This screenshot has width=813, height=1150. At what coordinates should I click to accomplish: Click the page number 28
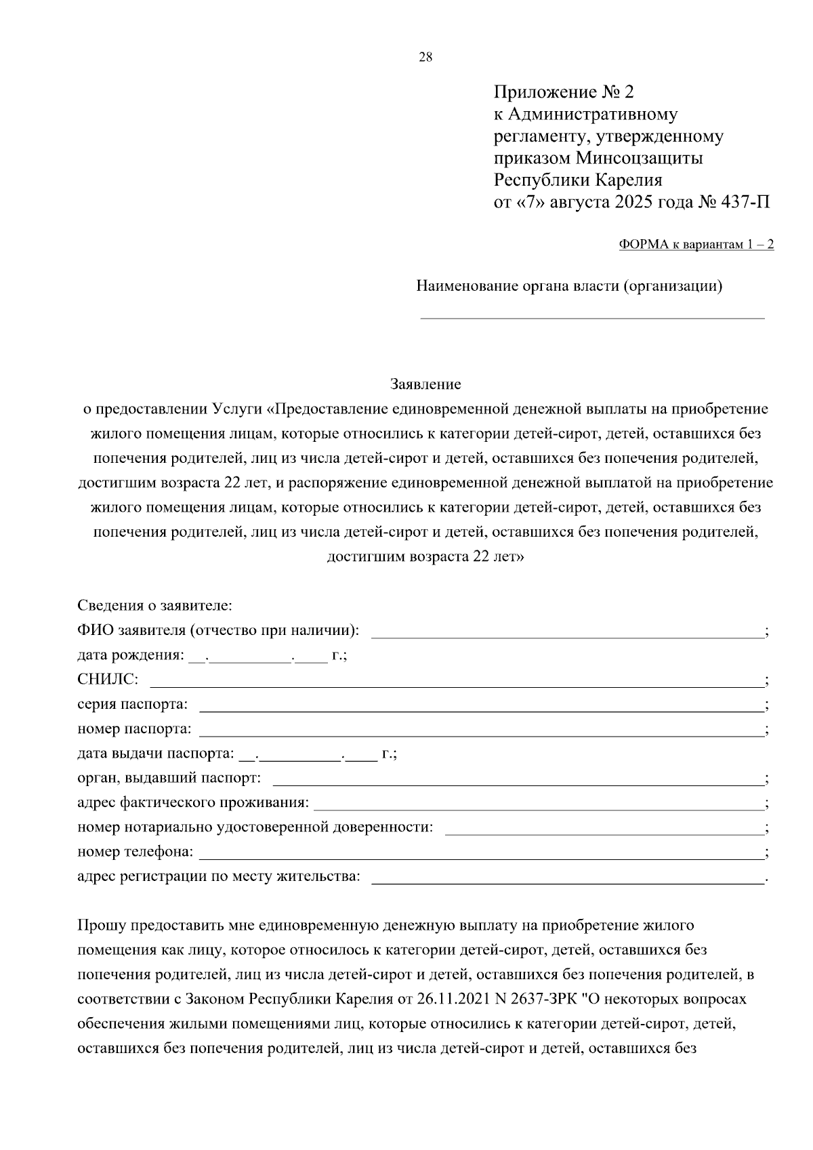pos(425,57)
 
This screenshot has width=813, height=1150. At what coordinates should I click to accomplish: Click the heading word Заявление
pos(425,384)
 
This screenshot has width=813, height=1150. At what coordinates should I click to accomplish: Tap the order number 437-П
pos(746,202)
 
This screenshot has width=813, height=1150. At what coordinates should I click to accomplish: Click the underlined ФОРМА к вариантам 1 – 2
pos(696,245)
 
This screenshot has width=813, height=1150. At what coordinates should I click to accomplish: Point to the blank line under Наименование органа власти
pos(592,316)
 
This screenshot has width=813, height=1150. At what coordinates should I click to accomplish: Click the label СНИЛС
pos(108,679)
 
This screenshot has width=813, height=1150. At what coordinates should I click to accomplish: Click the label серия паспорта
pos(132,704)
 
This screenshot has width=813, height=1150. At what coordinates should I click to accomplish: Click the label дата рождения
pos(129,655)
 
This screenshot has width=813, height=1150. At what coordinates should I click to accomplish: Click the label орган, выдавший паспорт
pos(169,778)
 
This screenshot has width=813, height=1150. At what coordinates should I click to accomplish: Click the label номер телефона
pos(135,851)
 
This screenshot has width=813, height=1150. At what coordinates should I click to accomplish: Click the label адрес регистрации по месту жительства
pos(219,876)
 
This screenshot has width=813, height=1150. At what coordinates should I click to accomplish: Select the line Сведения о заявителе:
pos(154,605)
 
